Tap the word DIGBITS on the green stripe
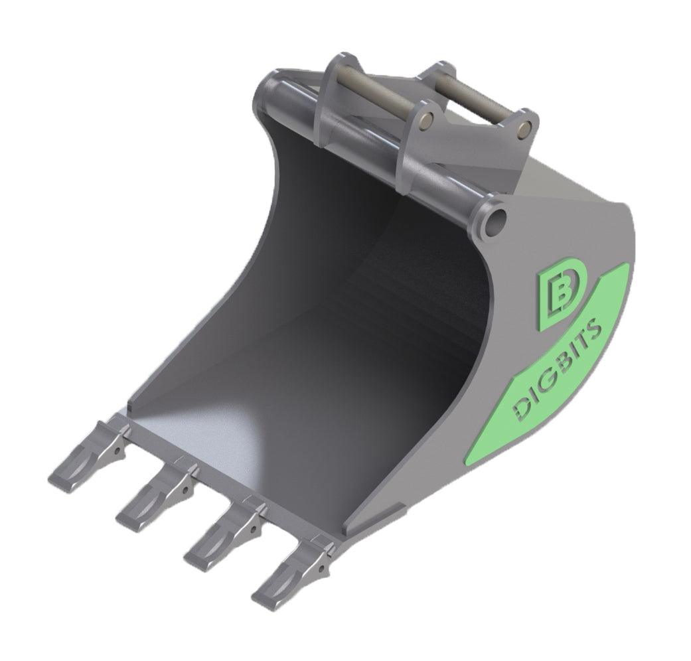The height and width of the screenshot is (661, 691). tap(558, 369)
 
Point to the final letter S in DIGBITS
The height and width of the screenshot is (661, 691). tap(595, 327)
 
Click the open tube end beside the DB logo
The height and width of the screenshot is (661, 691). tap(495, 220)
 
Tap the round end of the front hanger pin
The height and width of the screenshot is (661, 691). tap(428, 119)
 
